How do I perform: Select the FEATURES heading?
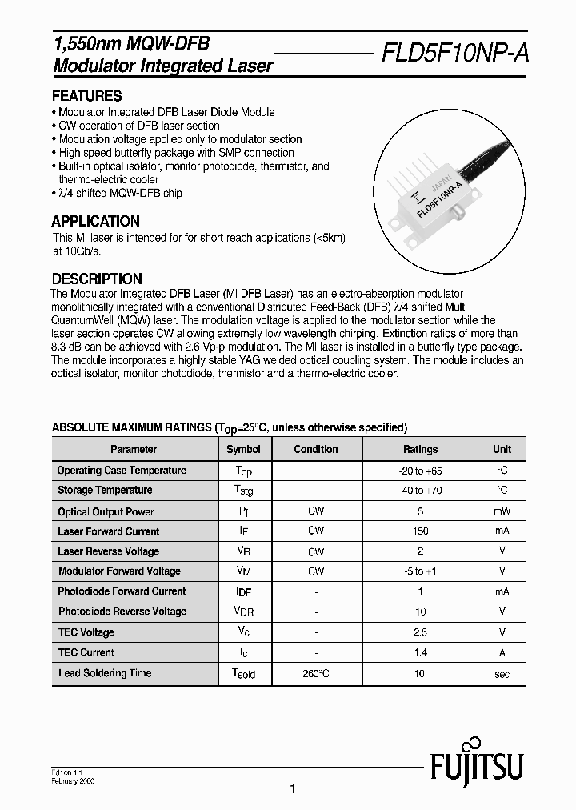86,95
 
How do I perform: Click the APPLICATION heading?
95,221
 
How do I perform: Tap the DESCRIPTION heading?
97,279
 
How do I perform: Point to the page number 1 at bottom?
292,789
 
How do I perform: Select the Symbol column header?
243,449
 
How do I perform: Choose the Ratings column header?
420,449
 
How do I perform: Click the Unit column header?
502,449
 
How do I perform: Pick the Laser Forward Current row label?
108,531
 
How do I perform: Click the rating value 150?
420,531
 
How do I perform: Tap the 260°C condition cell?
316,674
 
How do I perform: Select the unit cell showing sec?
502,674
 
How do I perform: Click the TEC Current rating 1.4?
420,653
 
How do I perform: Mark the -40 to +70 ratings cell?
420,490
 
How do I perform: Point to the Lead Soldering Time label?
104,673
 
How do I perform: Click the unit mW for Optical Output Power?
502,511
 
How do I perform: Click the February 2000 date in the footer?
74,778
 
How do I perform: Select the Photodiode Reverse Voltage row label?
122,612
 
